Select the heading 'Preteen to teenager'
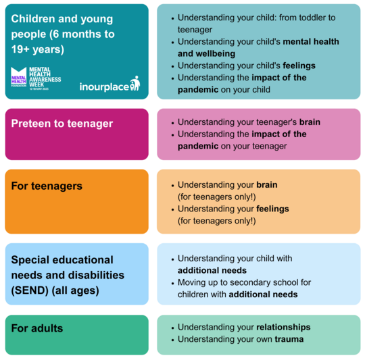pos(62,124)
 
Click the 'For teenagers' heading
pos(47,186)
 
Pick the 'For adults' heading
pos(37,328)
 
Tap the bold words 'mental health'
pos(310,42)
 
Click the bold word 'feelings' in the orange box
pos(272,209)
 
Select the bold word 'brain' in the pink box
pos(308,122)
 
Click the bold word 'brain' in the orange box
pos(266,184)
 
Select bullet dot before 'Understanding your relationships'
pos(172,328)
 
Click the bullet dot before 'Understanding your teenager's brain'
pos(172,122)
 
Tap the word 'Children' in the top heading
pos(34,18)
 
